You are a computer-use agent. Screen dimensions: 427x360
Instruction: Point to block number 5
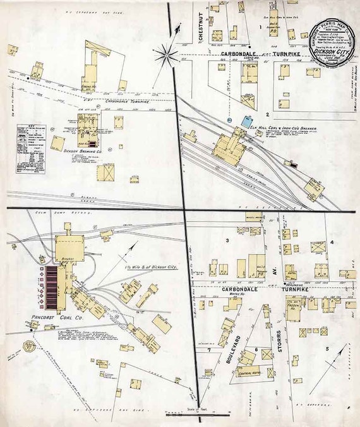click(x=327, y=349)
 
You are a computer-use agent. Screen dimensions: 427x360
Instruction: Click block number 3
click(x=226, y=241)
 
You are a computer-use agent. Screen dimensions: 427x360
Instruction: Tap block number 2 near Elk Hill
click(x=268, y=114)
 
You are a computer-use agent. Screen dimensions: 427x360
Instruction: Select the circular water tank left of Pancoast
click(x=29, y=347)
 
